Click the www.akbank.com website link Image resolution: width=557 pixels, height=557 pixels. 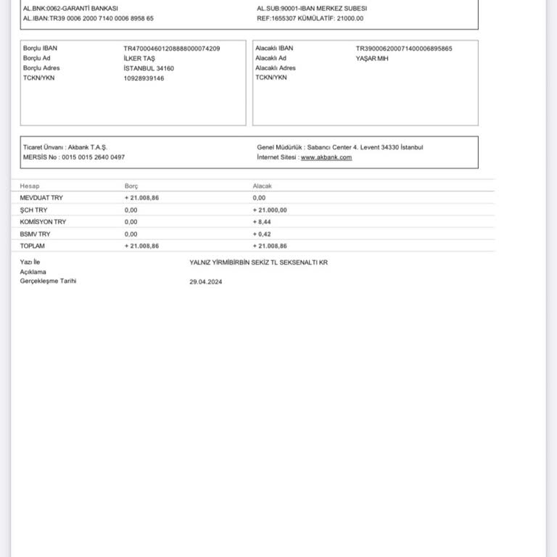click(x=326, y=157)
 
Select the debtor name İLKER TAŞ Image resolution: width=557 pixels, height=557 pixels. click(x=139, y=59)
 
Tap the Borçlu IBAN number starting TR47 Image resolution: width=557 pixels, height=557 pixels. click(x=172, y=49)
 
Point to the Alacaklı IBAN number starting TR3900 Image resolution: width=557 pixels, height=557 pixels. click(x=403, y=49)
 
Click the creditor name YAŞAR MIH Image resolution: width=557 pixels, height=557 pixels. click(x=371, y=59)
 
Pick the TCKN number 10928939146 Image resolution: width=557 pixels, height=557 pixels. click(x=144, y=78)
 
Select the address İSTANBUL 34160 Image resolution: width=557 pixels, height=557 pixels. click(x=149, y=68)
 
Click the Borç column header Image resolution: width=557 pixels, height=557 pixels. click(x=131, y=186)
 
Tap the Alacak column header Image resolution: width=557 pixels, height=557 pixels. click(x=262, y=186)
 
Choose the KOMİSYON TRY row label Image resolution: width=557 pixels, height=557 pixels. click(x=43, y=222)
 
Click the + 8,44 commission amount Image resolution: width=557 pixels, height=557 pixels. click(x=262, y=222)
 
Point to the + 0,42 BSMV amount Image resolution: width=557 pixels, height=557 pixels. click(x=262, y=234)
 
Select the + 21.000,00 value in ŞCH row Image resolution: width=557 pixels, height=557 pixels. click(x=270, y=210)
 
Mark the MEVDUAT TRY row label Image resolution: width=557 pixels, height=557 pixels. click(x=41, y=197)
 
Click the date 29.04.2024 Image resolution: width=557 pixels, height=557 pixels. click(x=205, y=282)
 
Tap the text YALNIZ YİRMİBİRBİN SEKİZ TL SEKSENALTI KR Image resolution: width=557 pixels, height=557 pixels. click(x=258, y=263)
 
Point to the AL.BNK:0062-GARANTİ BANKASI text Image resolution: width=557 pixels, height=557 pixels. click(x=70, y=9)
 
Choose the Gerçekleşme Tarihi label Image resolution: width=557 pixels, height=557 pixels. click(x=48, y=281)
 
